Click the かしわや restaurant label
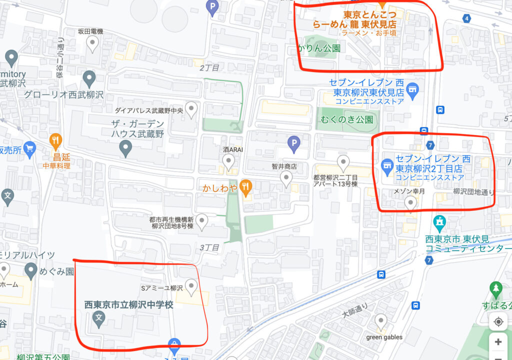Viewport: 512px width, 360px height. coord(218,188)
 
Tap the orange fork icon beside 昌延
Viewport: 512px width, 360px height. coord(55,141)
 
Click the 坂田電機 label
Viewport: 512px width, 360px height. coord(90,31)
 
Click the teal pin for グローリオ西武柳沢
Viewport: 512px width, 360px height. coord(89,78)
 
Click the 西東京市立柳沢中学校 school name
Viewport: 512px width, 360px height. coord(128,304)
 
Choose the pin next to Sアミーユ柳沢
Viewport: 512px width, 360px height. coord(191,286)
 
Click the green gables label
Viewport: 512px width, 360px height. coord(384,337)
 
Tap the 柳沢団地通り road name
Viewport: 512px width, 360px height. coord(473,191)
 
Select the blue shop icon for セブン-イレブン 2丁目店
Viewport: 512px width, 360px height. coord(386,164)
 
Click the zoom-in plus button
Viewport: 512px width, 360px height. coord(498,342)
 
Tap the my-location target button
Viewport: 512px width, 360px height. coord(498,321)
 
